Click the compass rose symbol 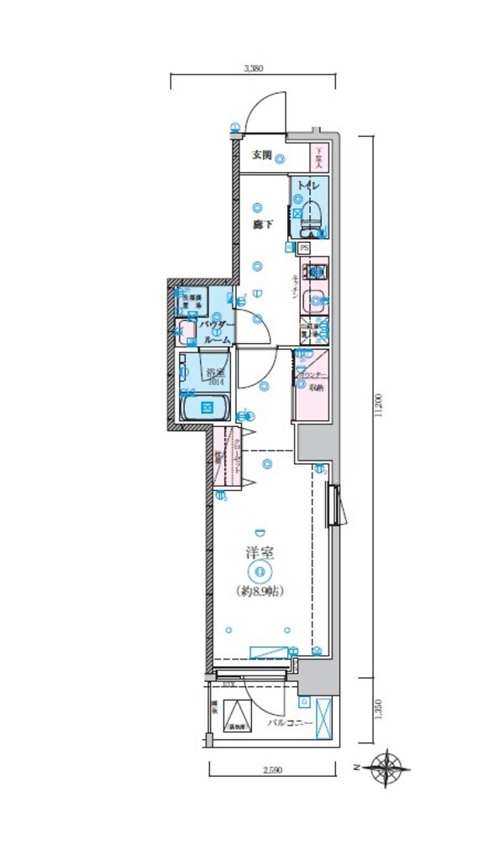click(x=390, y=765)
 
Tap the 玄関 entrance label click(x=261, y=155)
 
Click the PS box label click(x=304, y=248)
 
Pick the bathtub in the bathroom click(x=205, y=409)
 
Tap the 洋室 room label click(x=260, y=554)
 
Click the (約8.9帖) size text click(x=260, y=591)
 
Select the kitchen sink click(x=315, y=298)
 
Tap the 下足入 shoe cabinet click(x=319, y=156)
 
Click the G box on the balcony click(x=304, y=701)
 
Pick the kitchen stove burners click(x=315, y=272)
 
